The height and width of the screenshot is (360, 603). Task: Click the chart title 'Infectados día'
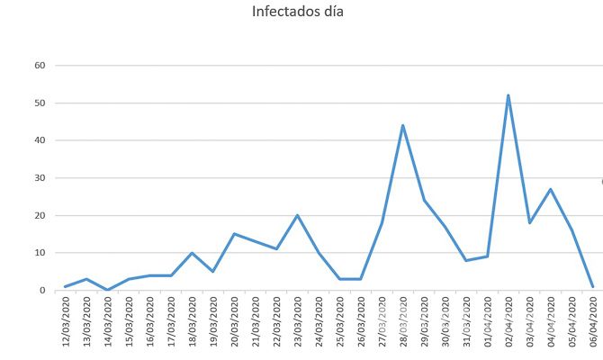click(298, 13)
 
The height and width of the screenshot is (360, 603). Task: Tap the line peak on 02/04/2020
click(508, 95)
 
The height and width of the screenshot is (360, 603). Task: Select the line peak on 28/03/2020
click(402, 125)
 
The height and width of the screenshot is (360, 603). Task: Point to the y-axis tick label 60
click(40, 65)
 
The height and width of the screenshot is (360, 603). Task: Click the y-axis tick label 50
click(40, 103)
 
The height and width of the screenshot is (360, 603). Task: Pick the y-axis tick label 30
click(40, 178)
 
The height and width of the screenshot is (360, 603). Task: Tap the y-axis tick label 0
click(42, 291)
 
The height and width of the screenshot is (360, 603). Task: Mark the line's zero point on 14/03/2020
click(107, 290)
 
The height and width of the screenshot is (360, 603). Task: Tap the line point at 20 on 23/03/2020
click(297, 215)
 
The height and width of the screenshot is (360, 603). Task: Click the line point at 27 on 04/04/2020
click(551, 189)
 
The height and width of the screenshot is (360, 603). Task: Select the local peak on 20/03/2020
click(234, 234)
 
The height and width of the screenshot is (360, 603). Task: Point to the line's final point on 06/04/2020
click(593, 286)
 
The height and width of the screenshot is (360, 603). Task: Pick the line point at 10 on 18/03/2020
click(192, 253)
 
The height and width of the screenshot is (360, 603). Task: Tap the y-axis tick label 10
click(40, 253)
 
